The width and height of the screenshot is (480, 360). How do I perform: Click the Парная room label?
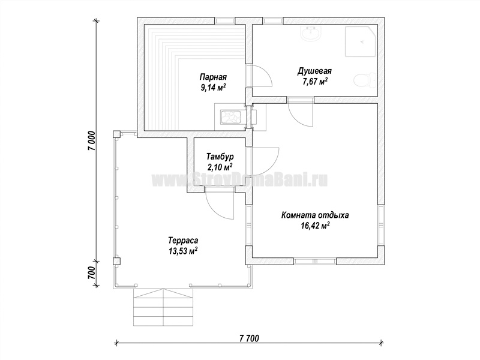coord(213,77)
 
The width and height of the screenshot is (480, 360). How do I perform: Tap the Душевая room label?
coord(314,71)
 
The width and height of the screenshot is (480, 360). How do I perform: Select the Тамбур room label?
coord(220,157)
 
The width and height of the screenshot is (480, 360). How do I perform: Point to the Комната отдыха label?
coord(315,215)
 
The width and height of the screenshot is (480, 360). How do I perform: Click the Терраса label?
coord(183,241)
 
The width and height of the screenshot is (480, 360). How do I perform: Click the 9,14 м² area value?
coord(213,88)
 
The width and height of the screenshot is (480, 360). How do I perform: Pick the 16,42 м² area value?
coord(315,226)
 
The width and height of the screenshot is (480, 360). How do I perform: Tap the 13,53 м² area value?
coord(183,251)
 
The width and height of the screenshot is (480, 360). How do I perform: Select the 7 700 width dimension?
coord(249,338)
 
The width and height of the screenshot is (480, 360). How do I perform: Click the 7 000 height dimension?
coord(92,140)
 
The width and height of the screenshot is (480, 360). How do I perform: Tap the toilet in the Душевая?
coord(365,80)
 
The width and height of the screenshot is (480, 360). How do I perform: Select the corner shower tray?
coord(361,41)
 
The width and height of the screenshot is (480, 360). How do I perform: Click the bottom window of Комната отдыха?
coord(316,261)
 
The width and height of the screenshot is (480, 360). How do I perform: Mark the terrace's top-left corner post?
coord(116,134)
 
